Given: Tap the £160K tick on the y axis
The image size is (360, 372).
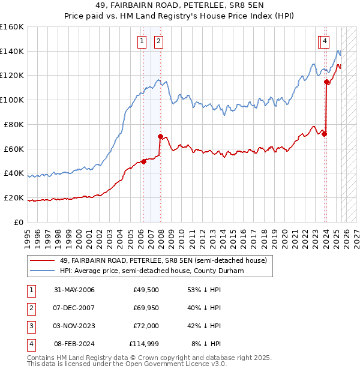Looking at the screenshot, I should pyautogui.click(x=12, y=27).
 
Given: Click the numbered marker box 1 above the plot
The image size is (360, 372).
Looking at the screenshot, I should pyautogui.click(x=142, y=41).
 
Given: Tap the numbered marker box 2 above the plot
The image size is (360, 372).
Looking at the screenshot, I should pyautogui.click(x=158, y=41).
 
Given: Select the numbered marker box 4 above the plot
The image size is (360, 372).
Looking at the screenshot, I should pyautogui.click(x=325, y=41).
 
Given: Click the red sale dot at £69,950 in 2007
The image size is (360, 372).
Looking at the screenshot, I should pyautogui.click(x=160, y=136).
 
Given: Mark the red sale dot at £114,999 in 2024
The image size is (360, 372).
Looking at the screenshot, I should pyautogui.click(x=326, y=82).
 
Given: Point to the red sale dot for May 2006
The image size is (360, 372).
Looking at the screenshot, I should pyautogui.click(x=144, y=161).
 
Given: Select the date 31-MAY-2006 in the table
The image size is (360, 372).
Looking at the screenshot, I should pyautogui.click(x=74, y=290).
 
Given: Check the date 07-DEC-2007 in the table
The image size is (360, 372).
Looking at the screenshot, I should pyautogui.click(x=74, y=308).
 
